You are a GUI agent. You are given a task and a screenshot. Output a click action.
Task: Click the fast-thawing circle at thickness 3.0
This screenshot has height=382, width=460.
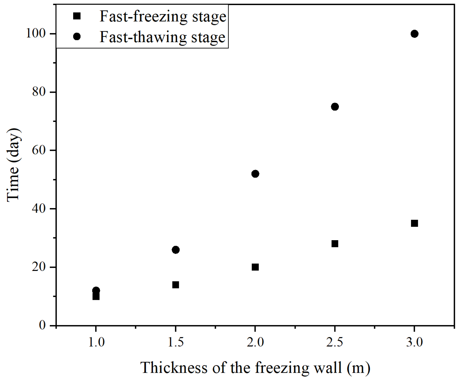click(x=414, y=34)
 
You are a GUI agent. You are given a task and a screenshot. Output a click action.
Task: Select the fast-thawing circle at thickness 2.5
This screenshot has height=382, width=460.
click(x=335, y=107)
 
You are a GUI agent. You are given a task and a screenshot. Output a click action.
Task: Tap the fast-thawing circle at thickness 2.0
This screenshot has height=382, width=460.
click(x=255, y=174)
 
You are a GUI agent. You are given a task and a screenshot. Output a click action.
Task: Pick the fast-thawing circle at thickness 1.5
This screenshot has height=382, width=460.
click(x=176, y=250)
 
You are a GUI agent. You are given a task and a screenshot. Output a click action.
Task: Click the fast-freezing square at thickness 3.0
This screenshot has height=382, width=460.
click(x=414, y=223)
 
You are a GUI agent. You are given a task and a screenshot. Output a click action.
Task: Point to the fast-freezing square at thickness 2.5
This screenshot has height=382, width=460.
click(x=335, y=244)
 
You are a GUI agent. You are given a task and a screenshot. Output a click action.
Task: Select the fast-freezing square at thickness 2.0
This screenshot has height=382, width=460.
click(x=255, y=267)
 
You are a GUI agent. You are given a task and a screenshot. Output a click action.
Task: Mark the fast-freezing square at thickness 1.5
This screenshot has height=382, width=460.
click(x=176, y=285)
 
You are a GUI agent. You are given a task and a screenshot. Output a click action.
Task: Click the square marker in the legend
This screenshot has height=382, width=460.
click(x=77, y=16)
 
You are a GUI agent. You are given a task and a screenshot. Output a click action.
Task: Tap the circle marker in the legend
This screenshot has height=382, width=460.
click(x=77, y=37)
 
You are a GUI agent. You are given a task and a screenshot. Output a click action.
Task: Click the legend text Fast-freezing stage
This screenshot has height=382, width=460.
click(x=163, y=16)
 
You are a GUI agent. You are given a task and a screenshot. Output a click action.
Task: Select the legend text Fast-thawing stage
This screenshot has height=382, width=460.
click(x=162, y=37)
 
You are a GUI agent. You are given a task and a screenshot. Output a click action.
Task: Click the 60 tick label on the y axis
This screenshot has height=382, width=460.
click(x=39, y=150)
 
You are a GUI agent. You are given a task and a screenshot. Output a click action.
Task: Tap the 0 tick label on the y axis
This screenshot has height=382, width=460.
click(x=42, y=325)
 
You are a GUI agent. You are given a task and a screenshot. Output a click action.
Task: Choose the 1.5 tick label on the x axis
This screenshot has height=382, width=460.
click(x=176, y=342)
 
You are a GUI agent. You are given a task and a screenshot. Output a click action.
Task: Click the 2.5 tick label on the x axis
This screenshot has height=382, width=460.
click(x=335, y=342)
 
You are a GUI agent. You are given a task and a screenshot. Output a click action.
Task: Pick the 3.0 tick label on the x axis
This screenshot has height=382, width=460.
click(x=414, y=342)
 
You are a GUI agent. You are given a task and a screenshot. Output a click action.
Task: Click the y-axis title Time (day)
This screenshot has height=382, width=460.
click(x=13, y=165)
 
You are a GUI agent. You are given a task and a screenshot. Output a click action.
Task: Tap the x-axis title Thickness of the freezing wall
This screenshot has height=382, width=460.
click(x=255, y=368)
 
